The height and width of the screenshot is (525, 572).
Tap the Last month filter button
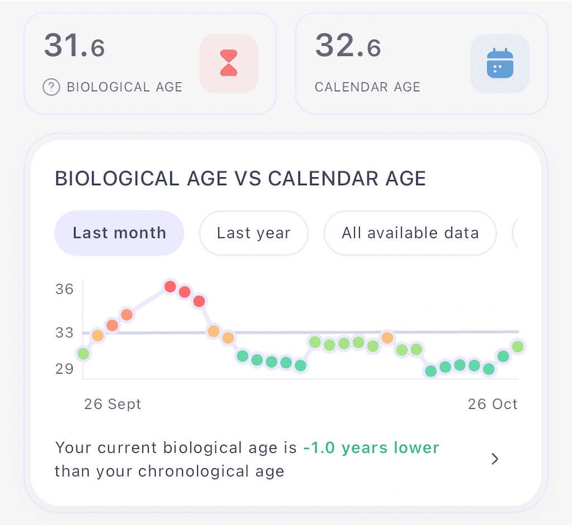[119, 233]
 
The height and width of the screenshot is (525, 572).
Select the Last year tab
[254, 233]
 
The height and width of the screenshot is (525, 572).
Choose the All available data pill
[410, 233]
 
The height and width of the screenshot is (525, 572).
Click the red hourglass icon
[228, 63]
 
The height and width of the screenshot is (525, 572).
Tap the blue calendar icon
[500, 63]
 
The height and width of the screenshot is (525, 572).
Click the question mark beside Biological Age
[51, 87]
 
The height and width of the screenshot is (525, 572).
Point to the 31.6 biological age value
[74, 45]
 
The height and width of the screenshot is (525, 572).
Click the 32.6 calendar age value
[348, 45]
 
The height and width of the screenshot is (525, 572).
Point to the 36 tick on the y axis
[64, 289]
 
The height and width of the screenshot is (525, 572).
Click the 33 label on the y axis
[64, 333]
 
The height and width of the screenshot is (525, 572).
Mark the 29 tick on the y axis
[64, 369]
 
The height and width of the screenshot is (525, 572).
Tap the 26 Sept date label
[112, 404]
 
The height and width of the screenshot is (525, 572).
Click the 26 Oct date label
[493, 404]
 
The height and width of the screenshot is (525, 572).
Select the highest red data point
[170, 287]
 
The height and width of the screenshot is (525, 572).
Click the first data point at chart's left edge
[83, 353]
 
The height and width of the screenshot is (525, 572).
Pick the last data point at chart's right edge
[518, 347]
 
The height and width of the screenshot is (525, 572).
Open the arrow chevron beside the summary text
[495, 459]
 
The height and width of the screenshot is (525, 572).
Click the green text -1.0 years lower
[371, 448]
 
